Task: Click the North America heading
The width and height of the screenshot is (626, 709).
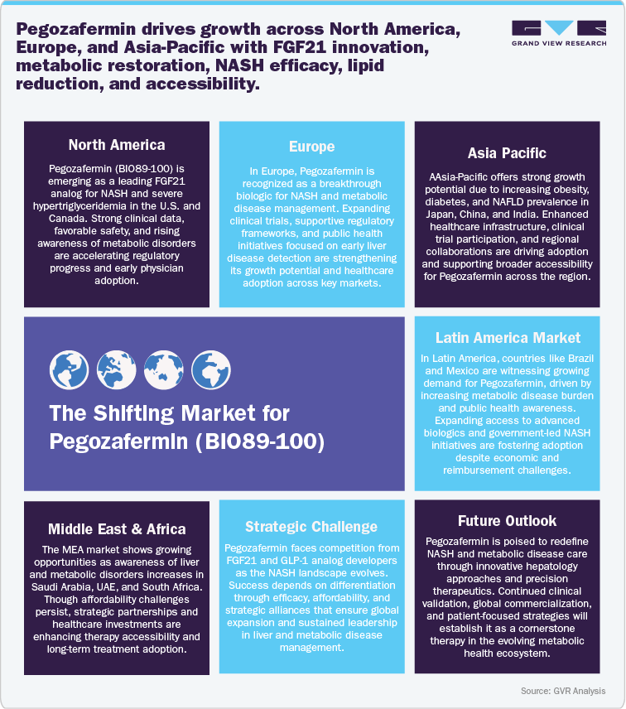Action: click(117, 145)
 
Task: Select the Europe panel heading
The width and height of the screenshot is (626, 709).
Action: click(311, 147)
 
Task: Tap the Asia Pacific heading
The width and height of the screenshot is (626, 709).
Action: click(506, 153)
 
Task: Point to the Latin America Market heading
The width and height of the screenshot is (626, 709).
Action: click(508, 338)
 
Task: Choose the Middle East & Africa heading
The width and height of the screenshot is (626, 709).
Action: click(117, 529)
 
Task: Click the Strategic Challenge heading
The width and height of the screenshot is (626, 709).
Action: click(311, 527)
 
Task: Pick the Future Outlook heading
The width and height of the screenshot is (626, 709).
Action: click(506, 521)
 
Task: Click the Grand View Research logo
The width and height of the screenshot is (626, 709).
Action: click(558, 34)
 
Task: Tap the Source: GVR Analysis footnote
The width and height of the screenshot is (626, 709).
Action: click(563, 691)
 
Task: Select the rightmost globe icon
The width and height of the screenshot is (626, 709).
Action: click(205, 365)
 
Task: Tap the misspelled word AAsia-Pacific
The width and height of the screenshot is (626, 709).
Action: click(459, 178)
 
